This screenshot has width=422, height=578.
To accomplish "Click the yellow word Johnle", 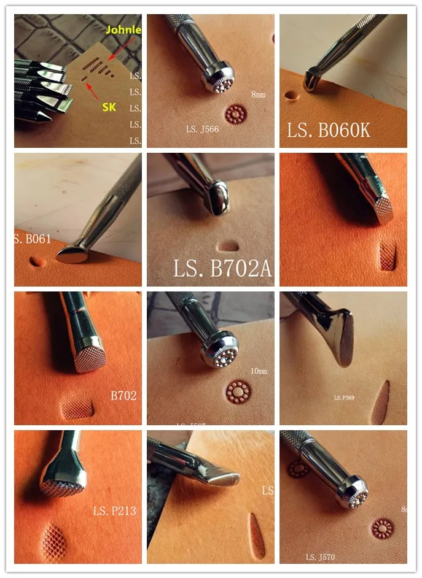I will click(x=123, y=29).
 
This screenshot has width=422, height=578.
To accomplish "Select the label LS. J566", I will click(x=202, y=129).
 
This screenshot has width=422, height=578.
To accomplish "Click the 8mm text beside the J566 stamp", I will click(x=259, y=94).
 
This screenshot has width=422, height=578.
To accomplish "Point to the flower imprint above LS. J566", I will click(x=235, y=114).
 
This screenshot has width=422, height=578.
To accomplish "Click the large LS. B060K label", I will click(x=329, y=130).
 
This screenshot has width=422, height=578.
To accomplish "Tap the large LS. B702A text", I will click(x=222, y=269).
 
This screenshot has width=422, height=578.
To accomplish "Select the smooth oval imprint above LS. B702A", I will click(x=229, y=245).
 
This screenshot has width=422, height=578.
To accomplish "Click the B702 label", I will click(x=123, y=396).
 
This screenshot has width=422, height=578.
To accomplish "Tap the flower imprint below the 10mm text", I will click(x=236, y=390).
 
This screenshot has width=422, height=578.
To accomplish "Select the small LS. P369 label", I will click(x=344, y=398).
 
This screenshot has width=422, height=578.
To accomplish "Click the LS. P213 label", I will click(x=114, y=511).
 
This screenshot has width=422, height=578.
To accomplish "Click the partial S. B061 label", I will click(x=33, y=239).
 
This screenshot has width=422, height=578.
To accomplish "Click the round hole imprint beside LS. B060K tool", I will click(x=290, y=96).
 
